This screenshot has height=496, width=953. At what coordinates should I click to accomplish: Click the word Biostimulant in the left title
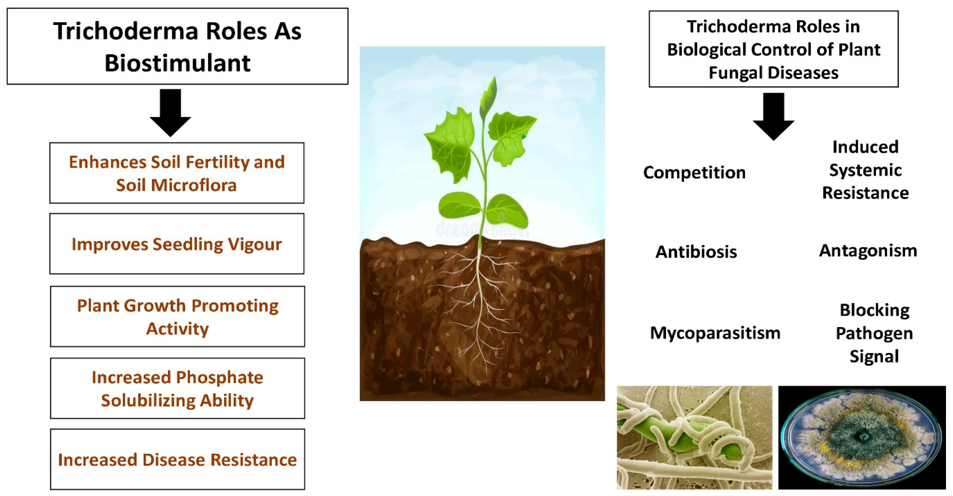178,63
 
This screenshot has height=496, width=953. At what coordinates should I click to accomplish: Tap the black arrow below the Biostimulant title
170,113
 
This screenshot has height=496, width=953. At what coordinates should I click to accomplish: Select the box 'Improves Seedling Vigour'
177,244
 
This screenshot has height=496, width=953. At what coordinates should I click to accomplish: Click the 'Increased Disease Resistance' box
178,459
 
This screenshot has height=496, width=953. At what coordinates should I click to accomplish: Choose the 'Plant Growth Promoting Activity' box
178,317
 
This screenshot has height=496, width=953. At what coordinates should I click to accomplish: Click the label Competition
694,173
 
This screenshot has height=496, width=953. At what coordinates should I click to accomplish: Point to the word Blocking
874,310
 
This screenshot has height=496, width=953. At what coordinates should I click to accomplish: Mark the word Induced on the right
865,147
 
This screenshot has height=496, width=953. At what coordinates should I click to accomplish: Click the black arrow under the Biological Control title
773,116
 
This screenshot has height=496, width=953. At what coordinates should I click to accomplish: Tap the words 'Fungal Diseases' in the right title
773,73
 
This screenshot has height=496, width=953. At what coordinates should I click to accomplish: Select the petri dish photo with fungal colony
862,438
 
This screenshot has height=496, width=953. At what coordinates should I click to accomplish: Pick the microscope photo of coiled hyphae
694,438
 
